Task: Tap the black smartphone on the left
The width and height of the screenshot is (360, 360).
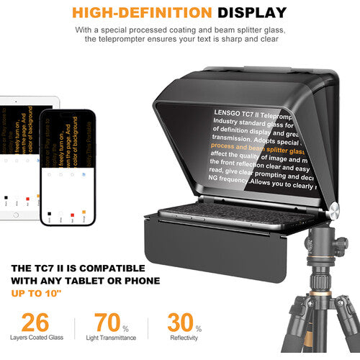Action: coord(67,167)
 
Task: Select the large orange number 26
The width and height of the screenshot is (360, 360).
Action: coord(35,323)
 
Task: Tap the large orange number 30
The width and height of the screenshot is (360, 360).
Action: coord(182,323)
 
